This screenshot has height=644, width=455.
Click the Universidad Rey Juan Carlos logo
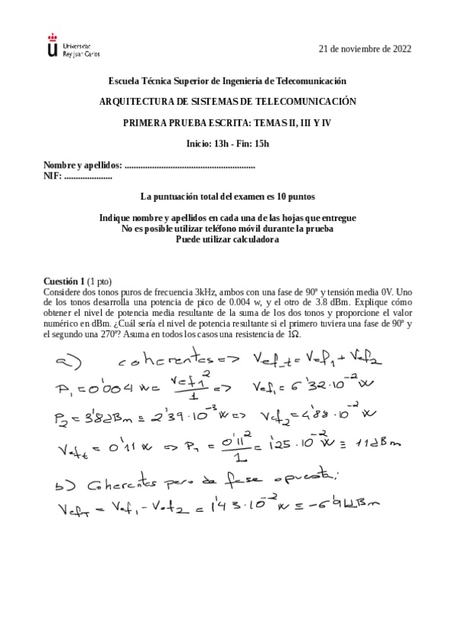72,47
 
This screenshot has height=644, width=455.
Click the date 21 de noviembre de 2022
365,49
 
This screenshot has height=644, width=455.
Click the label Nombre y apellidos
82,165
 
